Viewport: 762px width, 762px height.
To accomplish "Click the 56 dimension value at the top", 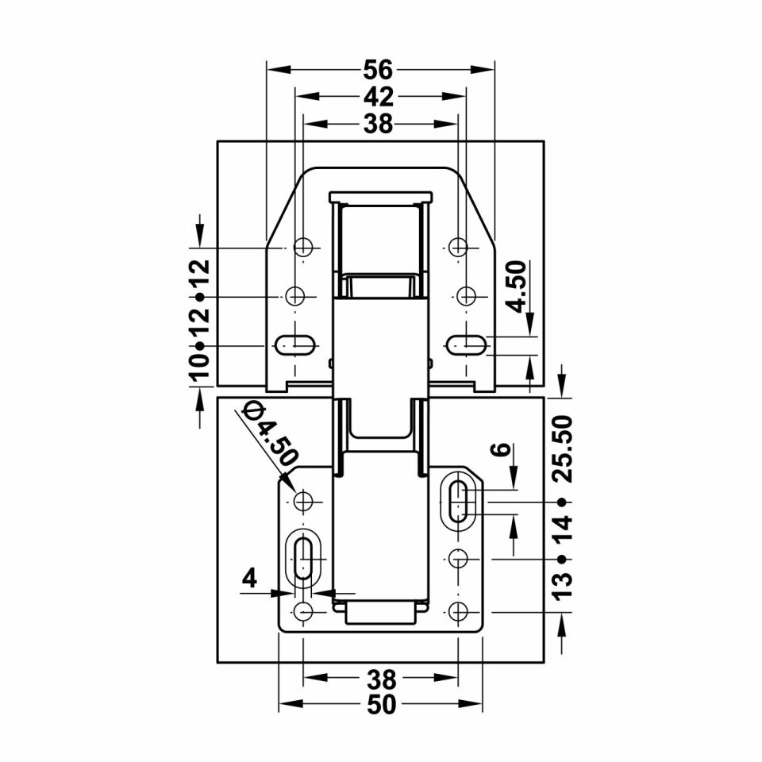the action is click(378, 70).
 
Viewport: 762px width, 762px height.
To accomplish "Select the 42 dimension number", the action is click(379, 97).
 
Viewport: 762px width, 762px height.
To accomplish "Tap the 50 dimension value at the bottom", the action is click(382, 705).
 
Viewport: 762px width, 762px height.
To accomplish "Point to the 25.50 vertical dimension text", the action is click(564, 448).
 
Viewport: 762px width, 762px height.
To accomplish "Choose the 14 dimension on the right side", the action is click(564, 529).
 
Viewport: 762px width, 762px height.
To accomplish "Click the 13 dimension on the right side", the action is click(564, 587).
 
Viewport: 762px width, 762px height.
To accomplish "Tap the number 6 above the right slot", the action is click(503, 448).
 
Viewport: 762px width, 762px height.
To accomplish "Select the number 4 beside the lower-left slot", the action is click(249, 579).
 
